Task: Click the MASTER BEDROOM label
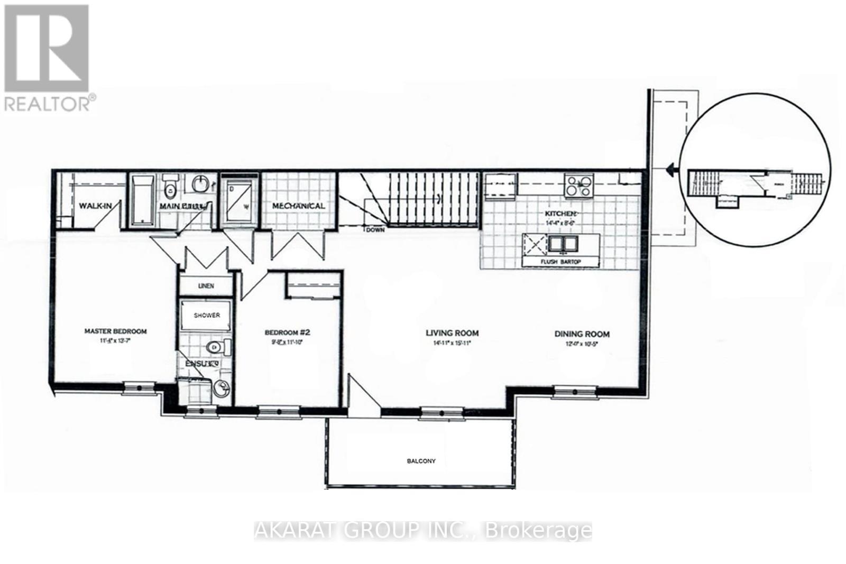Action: coord(115,331)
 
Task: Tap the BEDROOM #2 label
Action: coord(287,332)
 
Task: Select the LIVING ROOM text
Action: coord(452,333)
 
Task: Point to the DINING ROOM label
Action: coord(582,334)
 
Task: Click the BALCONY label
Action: coord(421,461)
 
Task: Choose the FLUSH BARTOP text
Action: coord(561,262)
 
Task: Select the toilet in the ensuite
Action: coord(217,347)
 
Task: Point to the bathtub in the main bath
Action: coord(141,200)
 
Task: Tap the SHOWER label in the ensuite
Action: coord(207,315)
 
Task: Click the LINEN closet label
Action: coord(206,286)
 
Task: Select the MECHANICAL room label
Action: coord(298,206)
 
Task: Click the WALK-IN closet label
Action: coord(95,206)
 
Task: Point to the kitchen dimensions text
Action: coord(560,223)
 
